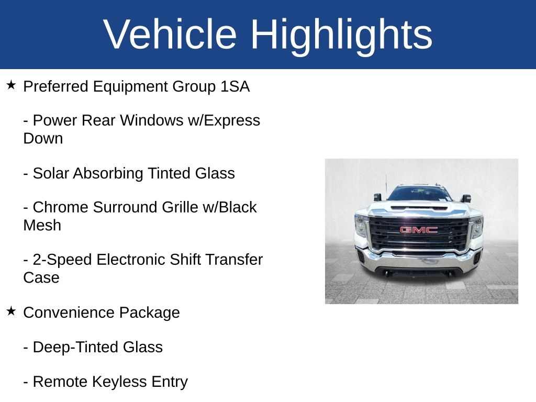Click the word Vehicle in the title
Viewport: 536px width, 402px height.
tap(170, 34)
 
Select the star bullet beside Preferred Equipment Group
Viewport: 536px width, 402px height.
tap(11, 85)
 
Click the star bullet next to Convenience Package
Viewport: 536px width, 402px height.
tap(11, 311)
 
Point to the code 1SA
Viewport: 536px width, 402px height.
tap(235, 86)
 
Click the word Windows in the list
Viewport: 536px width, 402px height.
tap(151, 120)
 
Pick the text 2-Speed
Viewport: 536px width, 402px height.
tap(63, 260)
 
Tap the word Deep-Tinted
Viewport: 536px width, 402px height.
tap(75, 348)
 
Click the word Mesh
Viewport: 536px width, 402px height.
tap(42, 226)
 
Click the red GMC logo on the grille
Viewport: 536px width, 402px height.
tap(419, 230)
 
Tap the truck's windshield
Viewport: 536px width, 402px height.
tap(419, 194)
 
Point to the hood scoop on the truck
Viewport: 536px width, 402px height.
tap(419, 207)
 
